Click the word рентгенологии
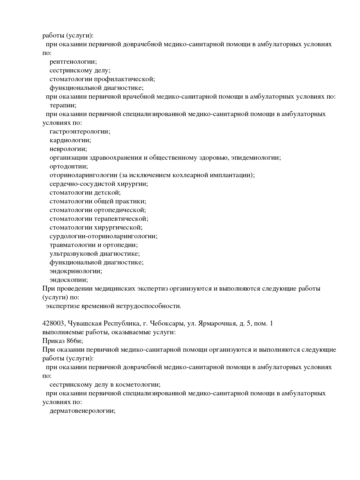[73, 62]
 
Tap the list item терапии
[63, 106]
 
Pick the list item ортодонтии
[69, 167]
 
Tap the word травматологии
[70, 245]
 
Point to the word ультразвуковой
[73, 254]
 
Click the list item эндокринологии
[76, 271]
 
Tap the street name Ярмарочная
[216, 324]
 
